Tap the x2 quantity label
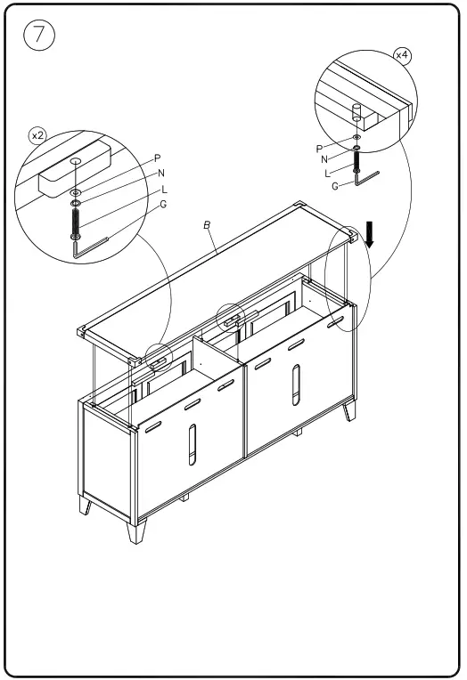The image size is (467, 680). tap(37, 135)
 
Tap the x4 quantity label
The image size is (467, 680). tap(402, 55)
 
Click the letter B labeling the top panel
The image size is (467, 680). tap(207, 225)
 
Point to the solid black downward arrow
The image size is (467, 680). tap(371, 234)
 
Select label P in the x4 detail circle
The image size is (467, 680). tap(319, 149)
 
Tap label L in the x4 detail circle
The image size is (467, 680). tap(329, 172)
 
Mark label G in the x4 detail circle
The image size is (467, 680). tap(335, 186)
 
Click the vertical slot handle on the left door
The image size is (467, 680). tap(191, 445)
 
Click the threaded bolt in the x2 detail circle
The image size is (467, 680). tap(76, 220)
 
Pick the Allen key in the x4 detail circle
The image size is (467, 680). tap(366, 178)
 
